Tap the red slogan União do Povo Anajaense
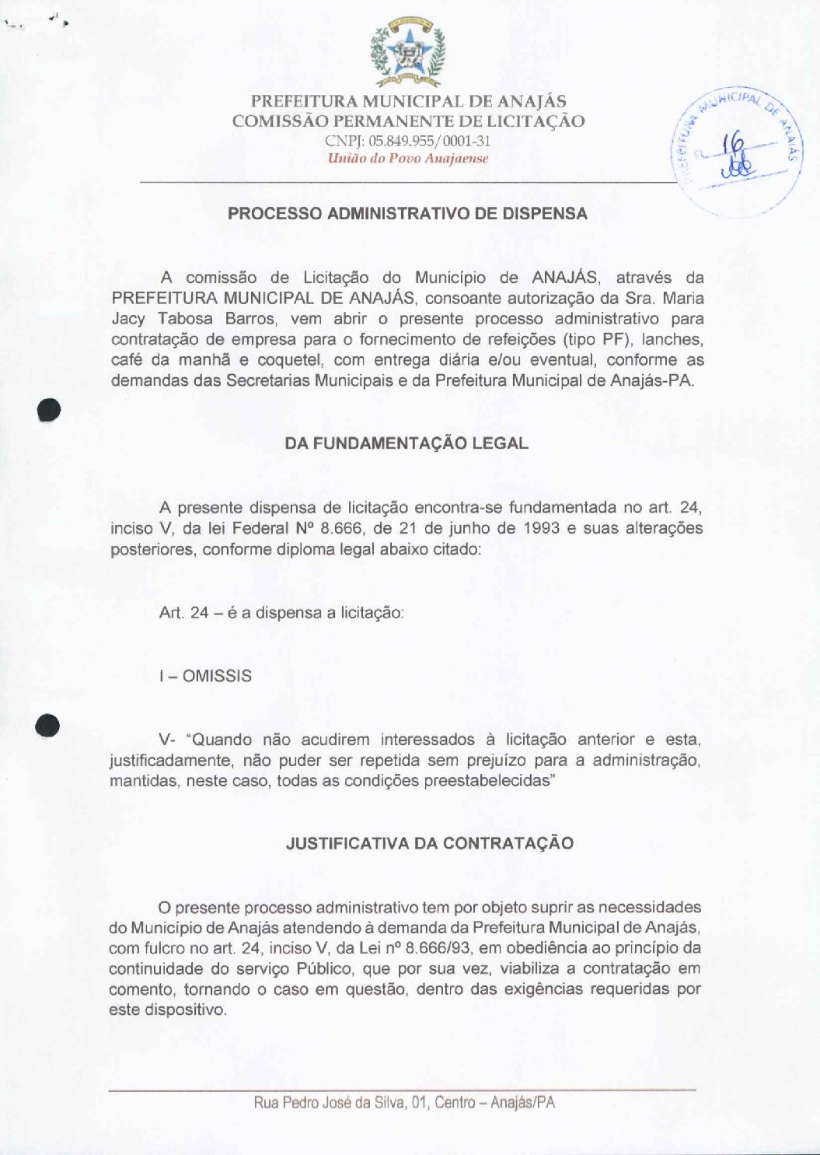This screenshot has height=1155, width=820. tap(407, 159)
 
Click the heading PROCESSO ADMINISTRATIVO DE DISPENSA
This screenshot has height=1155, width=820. tap(407, 214)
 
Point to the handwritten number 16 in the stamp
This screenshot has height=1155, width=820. tap(732, 145)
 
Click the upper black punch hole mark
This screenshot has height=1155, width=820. tap(49, 410)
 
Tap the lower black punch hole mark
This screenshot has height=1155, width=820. tap(47, 726)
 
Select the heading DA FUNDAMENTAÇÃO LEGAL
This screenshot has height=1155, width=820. tap(407, 443)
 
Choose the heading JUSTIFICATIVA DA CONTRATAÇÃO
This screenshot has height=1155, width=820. tap(430, 844)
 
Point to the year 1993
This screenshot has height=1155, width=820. tap(542, 528)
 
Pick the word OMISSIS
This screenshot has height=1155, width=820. tap(217, 676)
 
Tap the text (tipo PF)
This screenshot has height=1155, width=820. tap(595, 340)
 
